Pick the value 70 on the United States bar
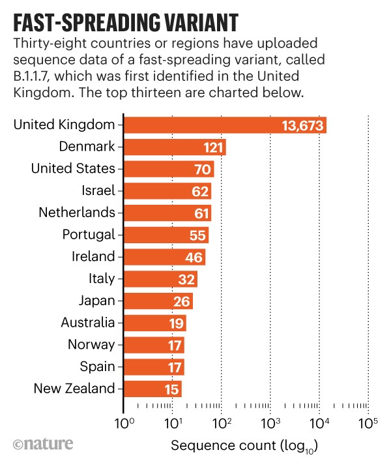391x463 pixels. (203, 169)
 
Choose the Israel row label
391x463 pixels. (97, 190)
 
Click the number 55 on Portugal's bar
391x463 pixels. (197, 235)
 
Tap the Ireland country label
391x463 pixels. (93, 256)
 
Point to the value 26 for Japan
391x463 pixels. (182, 301)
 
